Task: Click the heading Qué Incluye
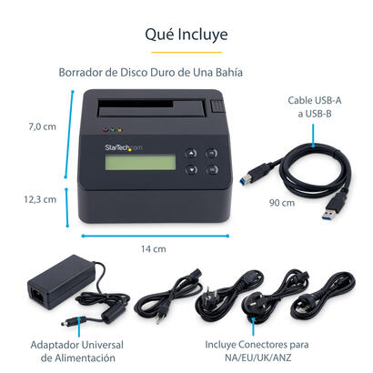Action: [186, 35]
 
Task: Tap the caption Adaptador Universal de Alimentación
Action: [78, 351]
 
